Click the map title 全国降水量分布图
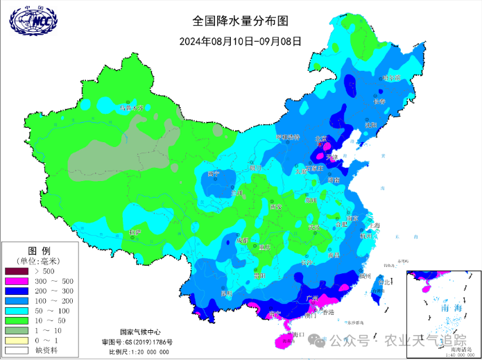(241, 22)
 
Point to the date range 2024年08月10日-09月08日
(241, 40)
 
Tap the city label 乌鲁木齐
(134, 108)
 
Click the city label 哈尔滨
(393, 78)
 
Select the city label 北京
(320, 139)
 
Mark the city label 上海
(374, 225)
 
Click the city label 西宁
(214, 173)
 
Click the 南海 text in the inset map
(440, 307)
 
